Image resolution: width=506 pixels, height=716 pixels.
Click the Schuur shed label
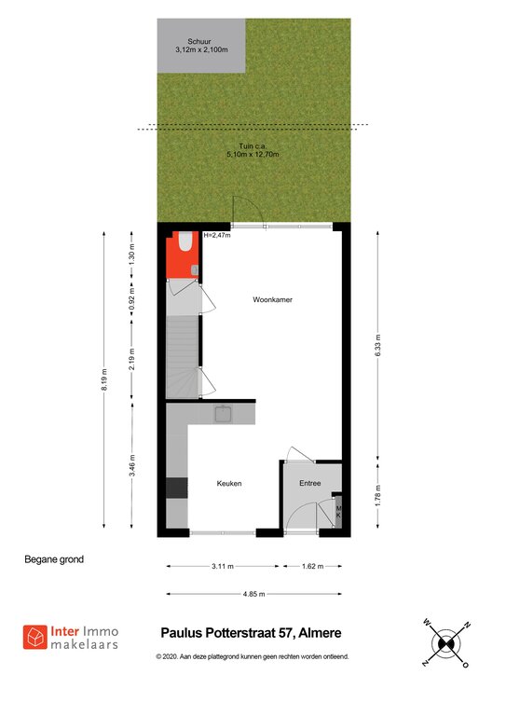click(x=199, y=41)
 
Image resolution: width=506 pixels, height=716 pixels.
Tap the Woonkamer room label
click(x=272, y=299)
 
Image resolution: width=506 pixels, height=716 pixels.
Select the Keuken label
click(x=229, y=483)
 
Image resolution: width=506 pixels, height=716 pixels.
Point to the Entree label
click(x=309, y=483)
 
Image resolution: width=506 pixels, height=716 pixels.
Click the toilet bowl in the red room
click(x=185, y=241)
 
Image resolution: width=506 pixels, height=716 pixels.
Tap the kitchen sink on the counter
click(x=224, y=414)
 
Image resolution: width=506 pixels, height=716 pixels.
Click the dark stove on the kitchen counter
click(x=176, y=488)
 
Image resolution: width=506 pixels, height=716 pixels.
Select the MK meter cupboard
click(x=338, y=512)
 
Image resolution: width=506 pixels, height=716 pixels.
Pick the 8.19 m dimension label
click(x=104, y=379)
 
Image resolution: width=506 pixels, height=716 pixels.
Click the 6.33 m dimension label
click(x=377, y=346)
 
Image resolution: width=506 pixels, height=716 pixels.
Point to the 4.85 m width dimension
click(x=254, y=594)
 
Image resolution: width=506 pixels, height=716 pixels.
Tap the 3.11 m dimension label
click(x=223, y=566)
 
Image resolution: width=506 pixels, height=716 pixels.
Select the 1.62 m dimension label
click(x=312, y=566)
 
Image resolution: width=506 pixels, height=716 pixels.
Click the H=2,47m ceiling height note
click(x=217, y=236)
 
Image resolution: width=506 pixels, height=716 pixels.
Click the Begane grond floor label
click(x=54, y=559)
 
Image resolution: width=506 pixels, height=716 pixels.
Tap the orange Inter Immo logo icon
click(x=35, y=637)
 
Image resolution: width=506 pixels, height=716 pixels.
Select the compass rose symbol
click(x=445, y=643)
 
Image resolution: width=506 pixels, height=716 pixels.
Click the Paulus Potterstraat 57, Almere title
click(x=251, y=633)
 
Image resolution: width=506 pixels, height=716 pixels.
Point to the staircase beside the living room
click(x=183, y=357)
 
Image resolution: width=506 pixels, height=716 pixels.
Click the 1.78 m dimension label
click(x=377, y=495)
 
